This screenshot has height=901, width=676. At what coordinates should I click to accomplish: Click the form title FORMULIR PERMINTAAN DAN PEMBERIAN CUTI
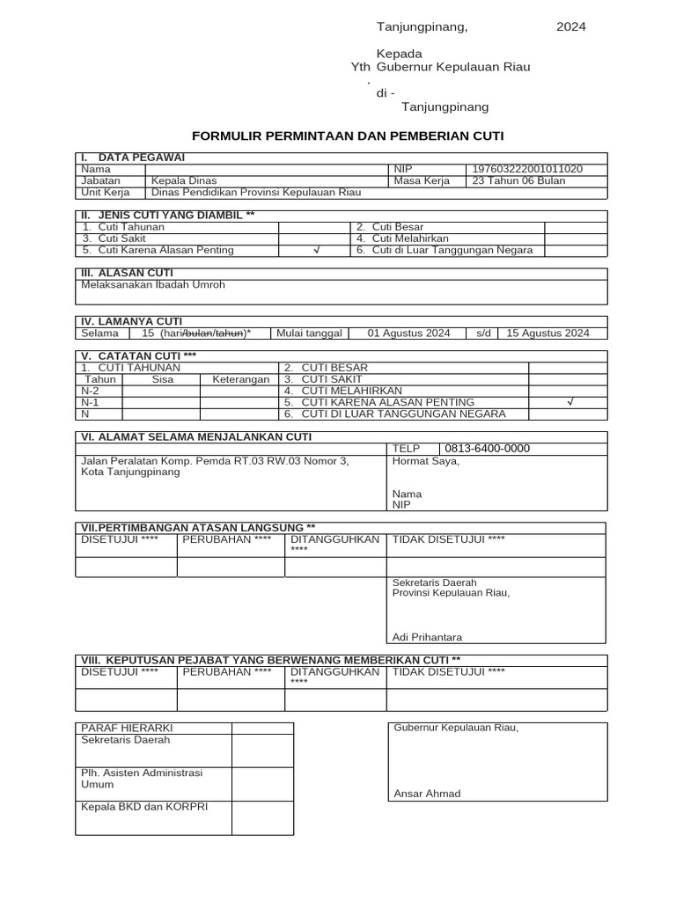coord(348,136)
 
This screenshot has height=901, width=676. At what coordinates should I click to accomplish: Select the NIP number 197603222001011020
coord(527,169)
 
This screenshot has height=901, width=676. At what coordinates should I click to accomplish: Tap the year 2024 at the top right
coord(570,26)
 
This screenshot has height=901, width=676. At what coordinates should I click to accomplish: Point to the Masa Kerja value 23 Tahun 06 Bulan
coord(518,180)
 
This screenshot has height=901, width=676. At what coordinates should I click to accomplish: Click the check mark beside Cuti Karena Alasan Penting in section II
coord(316,250)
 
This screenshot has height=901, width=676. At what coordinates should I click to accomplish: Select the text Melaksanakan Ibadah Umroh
coord(153,285)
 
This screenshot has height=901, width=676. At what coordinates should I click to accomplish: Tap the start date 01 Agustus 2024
coord(408,333)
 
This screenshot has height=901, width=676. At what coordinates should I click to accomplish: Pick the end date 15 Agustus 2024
coord(547,333)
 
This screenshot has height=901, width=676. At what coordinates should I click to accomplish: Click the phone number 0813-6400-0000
coord(488,448)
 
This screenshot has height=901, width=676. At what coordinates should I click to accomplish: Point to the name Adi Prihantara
coord(427,637)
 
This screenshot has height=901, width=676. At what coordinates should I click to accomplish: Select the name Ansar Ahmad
coord(427,793)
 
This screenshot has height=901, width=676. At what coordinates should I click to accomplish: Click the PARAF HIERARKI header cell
coord(127,728)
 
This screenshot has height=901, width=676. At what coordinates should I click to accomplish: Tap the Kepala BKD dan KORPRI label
coord(144,806)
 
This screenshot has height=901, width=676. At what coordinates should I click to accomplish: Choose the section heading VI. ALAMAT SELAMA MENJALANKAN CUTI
coord(195,436)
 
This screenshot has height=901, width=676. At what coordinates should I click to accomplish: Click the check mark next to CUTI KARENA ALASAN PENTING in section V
coord(569,402)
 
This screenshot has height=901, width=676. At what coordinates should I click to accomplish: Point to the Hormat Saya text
coord(425,460)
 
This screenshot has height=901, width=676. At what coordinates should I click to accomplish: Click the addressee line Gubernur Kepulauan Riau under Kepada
coord(453,67)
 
